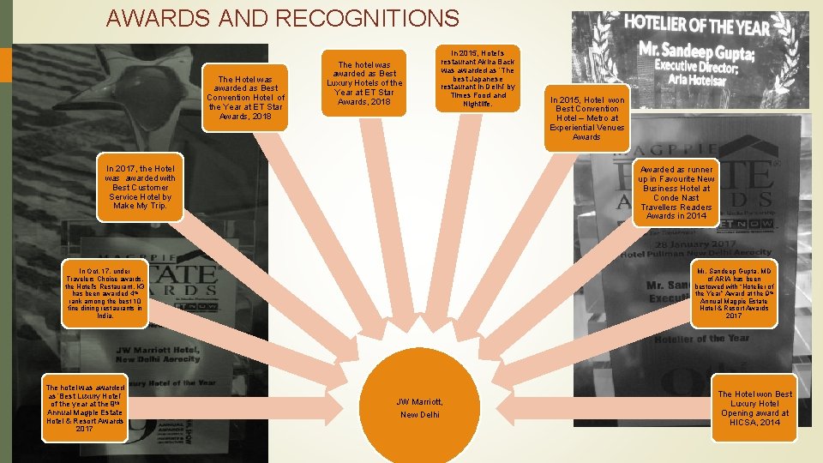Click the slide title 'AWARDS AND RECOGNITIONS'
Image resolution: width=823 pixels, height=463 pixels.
click(284, 18)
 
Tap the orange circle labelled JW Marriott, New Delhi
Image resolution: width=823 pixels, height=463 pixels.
click(419, 407)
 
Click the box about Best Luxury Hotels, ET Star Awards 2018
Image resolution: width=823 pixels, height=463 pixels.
click(364, 82)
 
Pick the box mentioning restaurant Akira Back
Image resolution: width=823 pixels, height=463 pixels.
click(478, 78)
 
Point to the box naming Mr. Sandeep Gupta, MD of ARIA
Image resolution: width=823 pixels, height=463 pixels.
click(734, 292)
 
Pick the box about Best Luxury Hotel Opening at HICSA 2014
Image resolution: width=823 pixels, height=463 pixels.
click(756, 407)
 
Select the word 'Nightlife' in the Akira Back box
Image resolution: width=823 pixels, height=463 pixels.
click(478, 104)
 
